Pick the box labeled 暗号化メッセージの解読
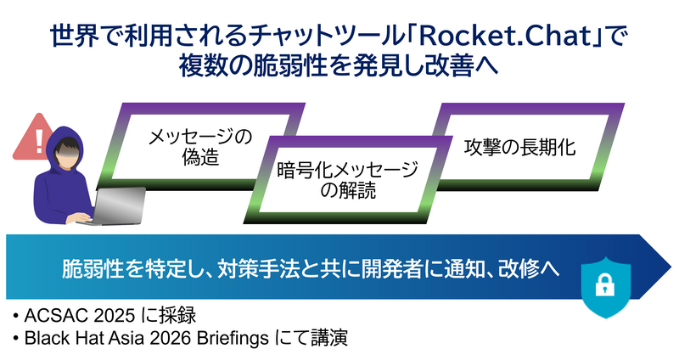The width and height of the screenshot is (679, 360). pos(348,181)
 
